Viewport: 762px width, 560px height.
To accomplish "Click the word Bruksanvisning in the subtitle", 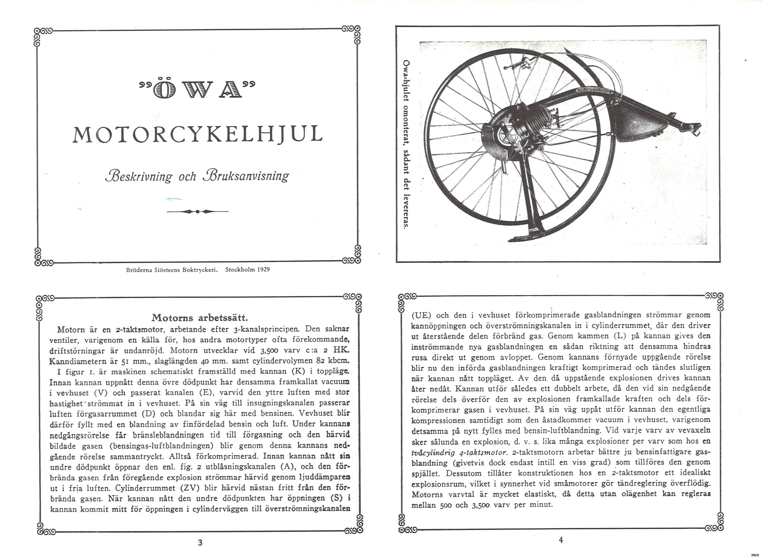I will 246,176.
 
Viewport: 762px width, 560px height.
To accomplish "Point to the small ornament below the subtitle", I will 198,212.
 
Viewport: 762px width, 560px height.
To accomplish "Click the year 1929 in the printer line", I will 263,270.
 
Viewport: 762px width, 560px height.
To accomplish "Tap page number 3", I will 200,543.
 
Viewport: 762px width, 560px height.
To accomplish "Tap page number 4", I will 561,540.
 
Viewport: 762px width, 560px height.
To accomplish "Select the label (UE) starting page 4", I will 421,315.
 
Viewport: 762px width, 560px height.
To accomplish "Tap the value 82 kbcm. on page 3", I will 332,360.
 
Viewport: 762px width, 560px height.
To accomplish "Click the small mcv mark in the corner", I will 755,555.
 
